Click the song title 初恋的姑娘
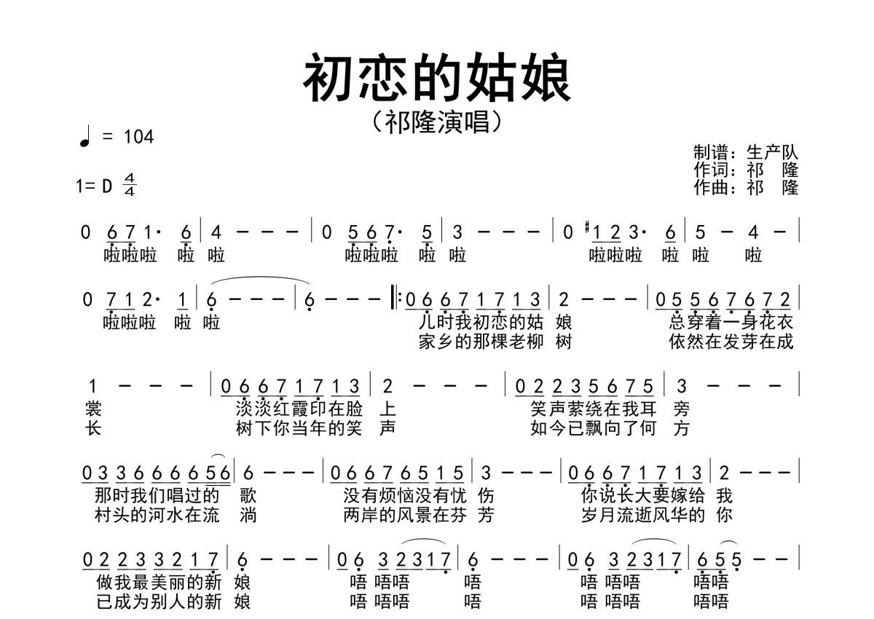point(437,79)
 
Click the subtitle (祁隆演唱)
point(437,122)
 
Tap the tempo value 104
point(138,136)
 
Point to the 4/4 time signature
point(130,186)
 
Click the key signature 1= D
point(95,186)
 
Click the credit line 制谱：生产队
point(746,152)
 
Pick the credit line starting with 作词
point(746,170)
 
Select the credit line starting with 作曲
point(746,187)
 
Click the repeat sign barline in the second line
point(396,299)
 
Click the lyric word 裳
point(93,409)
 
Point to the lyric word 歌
point(248,496)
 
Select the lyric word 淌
point(248,516)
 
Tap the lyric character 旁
point(682,409)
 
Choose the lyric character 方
point(682,428)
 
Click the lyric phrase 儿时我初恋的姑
point(481,321)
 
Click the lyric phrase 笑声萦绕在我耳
point(594,409)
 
